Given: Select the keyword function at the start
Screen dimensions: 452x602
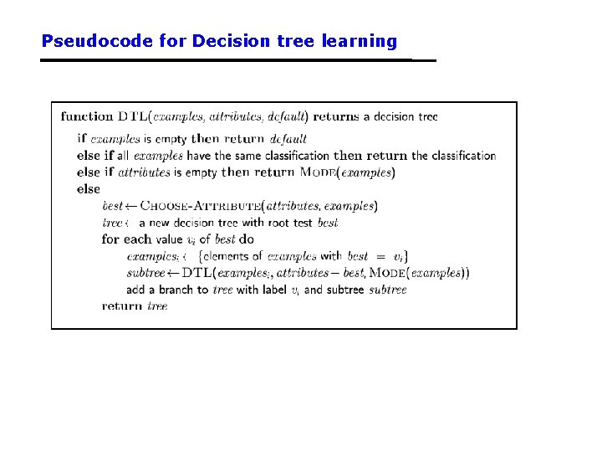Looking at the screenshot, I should (x=87, y=116).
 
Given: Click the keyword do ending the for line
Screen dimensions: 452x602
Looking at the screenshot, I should (x=247, y=239).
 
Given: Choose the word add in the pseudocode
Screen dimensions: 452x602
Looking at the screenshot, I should (x=136, y=290).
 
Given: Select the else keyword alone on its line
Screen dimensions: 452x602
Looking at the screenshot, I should (x=88, y=189).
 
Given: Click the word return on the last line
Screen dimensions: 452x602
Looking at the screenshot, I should (x=122, y=306).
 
